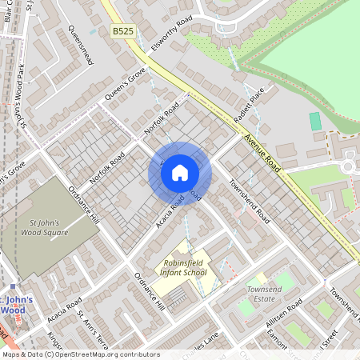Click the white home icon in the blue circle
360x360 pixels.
tap(180, 172)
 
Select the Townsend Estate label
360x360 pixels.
tap(266, 294)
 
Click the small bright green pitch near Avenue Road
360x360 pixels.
tap(314, 121)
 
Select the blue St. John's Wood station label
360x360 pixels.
tap(18, 305)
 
